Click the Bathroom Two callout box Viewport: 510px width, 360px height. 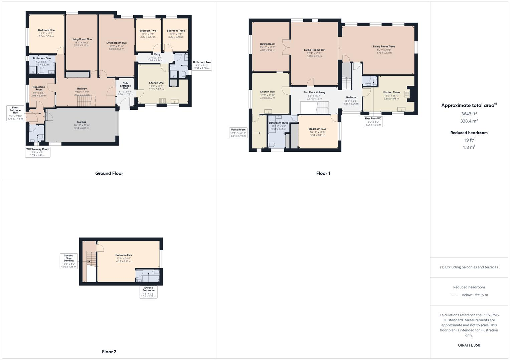(202, 65)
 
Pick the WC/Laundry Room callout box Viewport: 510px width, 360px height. (38, 152)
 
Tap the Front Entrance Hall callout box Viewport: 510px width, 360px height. (15, 113)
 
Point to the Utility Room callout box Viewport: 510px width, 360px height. (238, 132)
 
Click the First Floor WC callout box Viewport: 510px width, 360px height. (373, 121)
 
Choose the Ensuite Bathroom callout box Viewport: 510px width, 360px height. (149, 292)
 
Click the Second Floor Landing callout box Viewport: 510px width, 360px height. (69, 261)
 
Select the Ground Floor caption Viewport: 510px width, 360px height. (109, 173)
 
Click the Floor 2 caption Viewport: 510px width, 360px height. (109, 352)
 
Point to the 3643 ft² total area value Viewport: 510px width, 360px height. (469, 114)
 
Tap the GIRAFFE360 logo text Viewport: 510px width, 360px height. (469, 345)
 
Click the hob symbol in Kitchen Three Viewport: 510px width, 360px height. (407, 94)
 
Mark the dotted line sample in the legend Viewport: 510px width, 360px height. (455, 295)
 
